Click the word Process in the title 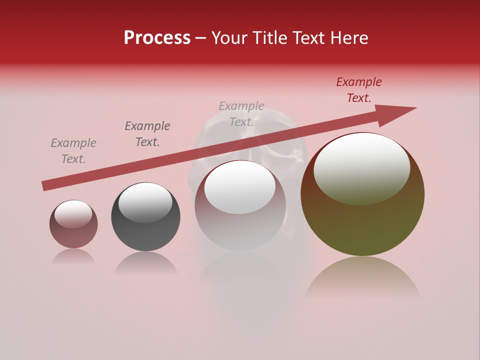click(x=157, y=38)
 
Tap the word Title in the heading click(x=270, y=38)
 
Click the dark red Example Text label click(x=358, y=90)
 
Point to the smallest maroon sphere click(x=73, y=232)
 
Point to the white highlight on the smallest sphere click(x=73, y=214)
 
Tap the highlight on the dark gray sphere click(x=145, y=202)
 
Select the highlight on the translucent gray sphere click(x=239, y=187)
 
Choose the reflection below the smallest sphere click(x=73, y=256)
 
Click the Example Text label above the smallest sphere click(x=73, y=151)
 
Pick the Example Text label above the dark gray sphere click(x=147, y=134)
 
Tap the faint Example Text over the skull click(x=241, y=114)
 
